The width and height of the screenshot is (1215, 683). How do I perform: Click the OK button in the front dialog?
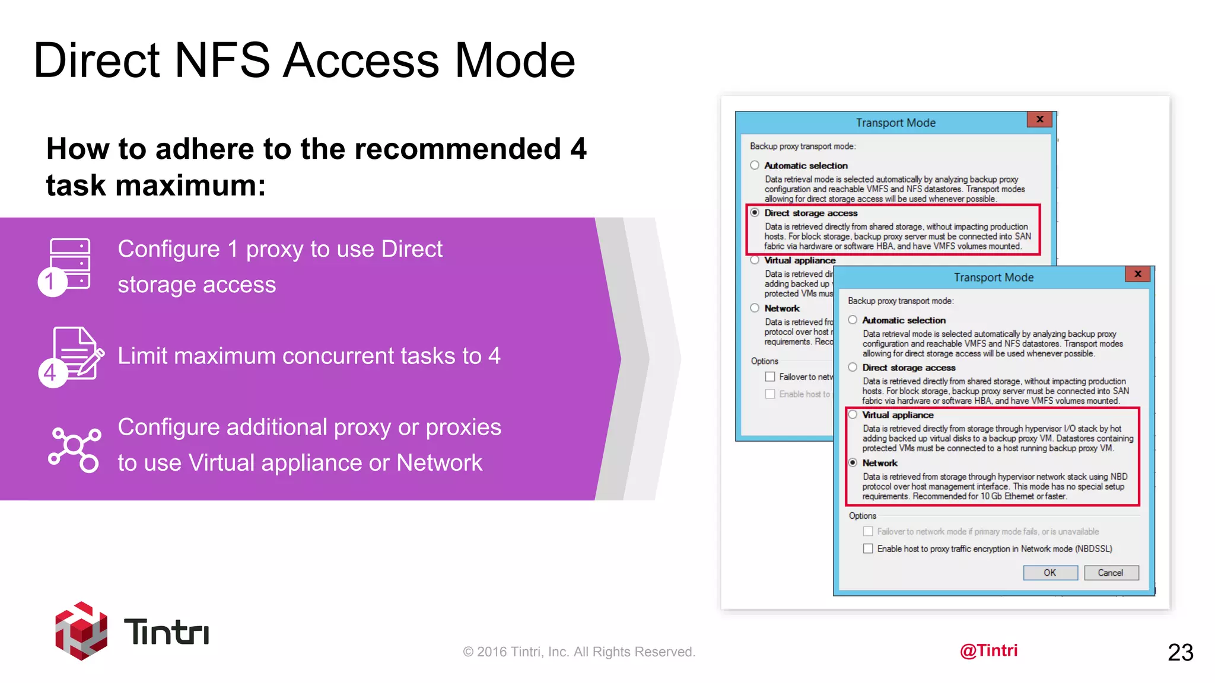coord(1050,573)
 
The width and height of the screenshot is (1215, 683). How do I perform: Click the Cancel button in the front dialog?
coord(1111,573)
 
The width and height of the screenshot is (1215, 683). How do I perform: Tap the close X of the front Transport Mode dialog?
coord(1138,274)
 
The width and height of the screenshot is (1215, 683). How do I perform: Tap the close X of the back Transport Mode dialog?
coord(1039,119)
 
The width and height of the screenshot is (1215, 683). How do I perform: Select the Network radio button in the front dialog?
coord(853,462)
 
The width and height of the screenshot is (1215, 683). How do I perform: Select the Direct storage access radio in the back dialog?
coord(755,212)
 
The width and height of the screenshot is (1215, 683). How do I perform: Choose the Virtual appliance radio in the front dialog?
coord(853,414)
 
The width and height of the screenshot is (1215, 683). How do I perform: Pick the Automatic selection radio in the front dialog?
coord(853,320)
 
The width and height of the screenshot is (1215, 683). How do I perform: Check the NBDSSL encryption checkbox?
coord(868,548)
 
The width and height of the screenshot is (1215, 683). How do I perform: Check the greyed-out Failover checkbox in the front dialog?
coord(868,531)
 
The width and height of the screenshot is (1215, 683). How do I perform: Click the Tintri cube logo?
coord(81,631)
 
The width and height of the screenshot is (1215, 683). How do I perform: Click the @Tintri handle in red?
coord(988,650)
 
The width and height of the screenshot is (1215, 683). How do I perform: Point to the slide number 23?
coord(1180,652)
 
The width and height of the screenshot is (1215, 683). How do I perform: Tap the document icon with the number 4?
coord(72,356)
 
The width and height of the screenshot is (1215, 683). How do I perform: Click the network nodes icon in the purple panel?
coord(74,449)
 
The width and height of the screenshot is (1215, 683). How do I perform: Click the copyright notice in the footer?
coord(578,652)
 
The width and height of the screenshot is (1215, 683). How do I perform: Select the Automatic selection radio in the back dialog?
coord(755,165)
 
